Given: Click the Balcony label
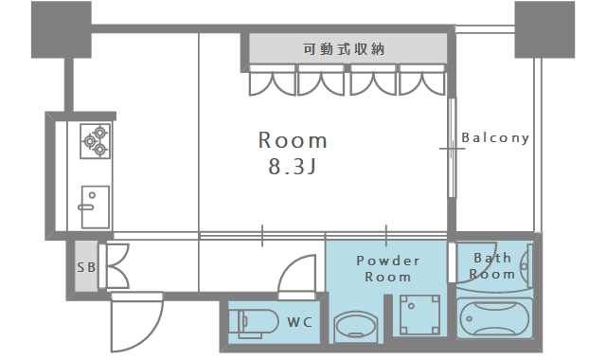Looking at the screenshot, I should pos(495,137).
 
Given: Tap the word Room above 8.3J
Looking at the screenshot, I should pos(294,141).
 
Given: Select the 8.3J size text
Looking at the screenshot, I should pos(294,171).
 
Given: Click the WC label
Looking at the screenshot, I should pos(300,322).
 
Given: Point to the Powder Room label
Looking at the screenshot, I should pos(387,268).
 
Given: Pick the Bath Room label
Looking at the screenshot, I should pos(492,265).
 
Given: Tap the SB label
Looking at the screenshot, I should pos(85,266).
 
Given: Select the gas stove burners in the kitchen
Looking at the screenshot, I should pos(96,140).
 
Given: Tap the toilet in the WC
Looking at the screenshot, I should pos(252,322).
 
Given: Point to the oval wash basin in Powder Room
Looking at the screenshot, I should pos(355,326).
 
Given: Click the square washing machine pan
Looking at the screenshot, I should pos(419,315).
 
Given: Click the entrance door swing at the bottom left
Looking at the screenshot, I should pos(133,322).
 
